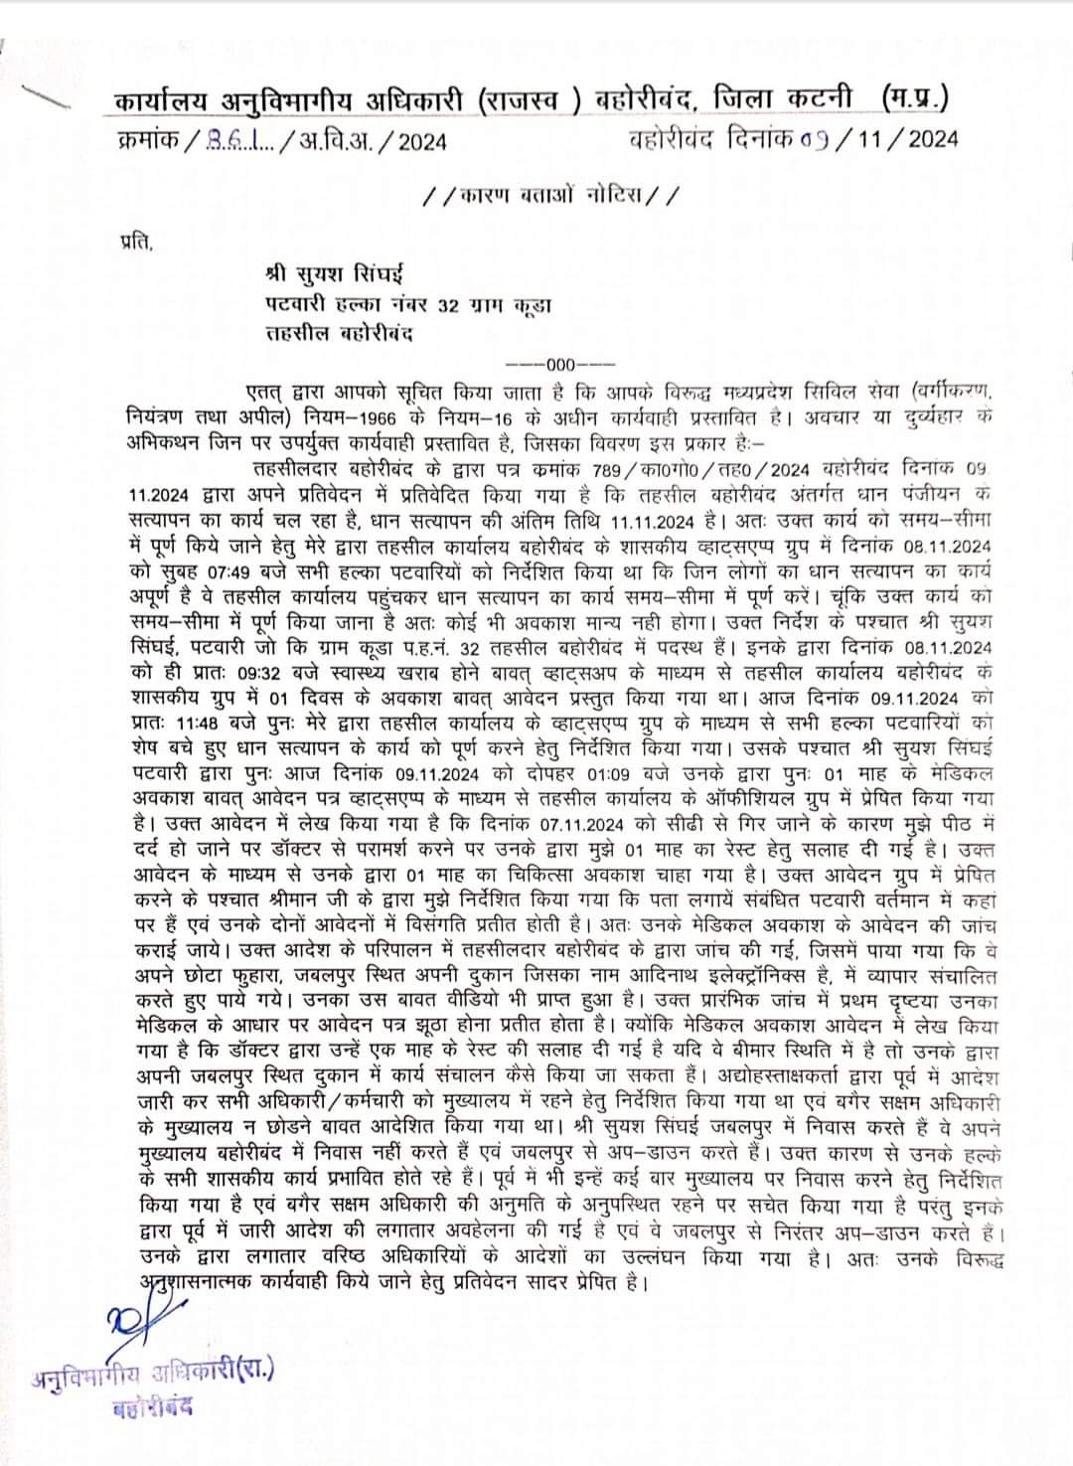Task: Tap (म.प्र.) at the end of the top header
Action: click(914, 100)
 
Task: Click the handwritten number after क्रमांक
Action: click(239, 140)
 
